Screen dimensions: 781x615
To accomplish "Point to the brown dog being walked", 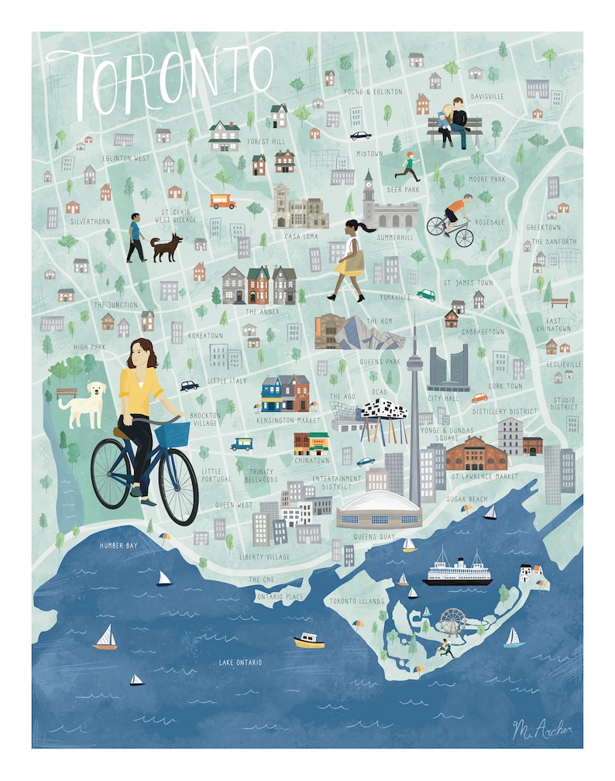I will point(166,248).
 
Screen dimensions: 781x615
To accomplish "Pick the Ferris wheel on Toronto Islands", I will point(452,621).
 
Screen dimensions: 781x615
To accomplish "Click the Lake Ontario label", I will point(240,663).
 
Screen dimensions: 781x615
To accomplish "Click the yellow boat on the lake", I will point(308,641).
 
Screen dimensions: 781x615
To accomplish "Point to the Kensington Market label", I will point(288,420).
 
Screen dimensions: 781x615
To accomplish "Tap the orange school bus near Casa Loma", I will point(222,201).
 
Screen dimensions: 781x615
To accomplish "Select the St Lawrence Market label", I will point(485,477).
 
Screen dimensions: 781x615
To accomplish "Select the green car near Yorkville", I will point(426,295).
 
